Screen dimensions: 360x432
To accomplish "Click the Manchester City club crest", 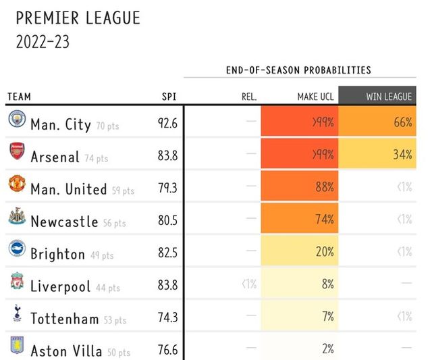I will click(15, 120).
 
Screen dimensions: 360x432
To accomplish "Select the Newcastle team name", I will click(64, 221).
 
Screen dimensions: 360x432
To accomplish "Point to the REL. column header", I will click(249, 97).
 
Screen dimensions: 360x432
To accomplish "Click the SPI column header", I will click(169, 97).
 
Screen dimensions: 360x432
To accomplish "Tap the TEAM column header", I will click(19, 97).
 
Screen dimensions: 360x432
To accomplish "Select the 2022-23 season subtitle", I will click(43, 42).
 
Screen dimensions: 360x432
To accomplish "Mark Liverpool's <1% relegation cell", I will click(248, 284).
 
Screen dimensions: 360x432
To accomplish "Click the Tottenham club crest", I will click(15, 315).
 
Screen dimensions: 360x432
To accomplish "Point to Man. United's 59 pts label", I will click(123, 191).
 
